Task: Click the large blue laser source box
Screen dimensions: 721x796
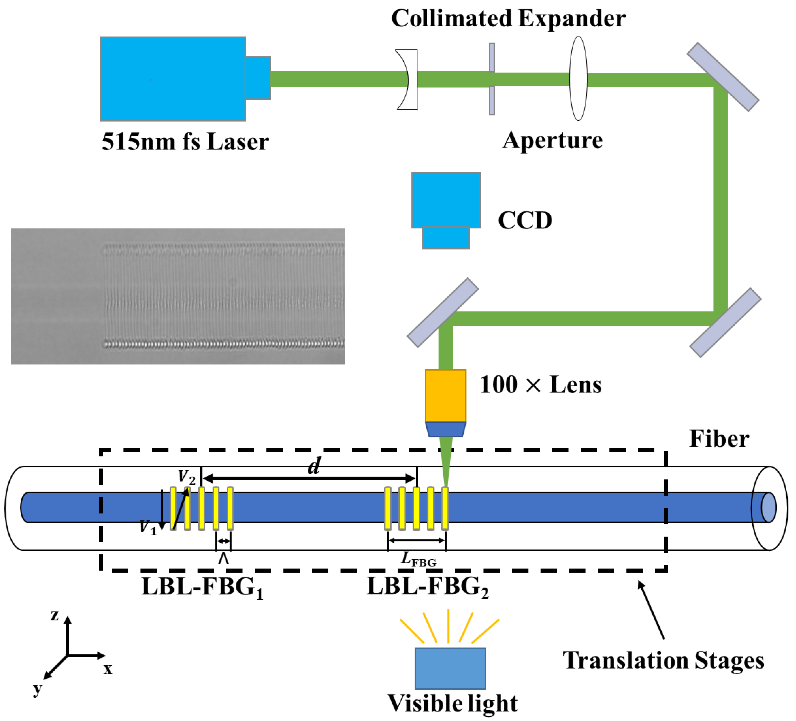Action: point(173,79)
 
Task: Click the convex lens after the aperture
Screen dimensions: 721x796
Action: point(578,78)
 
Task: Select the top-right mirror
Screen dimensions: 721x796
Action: point(723,77)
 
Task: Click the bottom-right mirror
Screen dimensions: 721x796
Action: point(725,323)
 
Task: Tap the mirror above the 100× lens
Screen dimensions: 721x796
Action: point(443,313)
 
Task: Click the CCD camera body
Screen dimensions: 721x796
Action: point(446,200)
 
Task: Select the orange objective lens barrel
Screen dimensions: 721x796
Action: point(445,395)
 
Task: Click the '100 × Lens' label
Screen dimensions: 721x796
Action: point(540,385)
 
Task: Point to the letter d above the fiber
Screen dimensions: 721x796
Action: point(314,466)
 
